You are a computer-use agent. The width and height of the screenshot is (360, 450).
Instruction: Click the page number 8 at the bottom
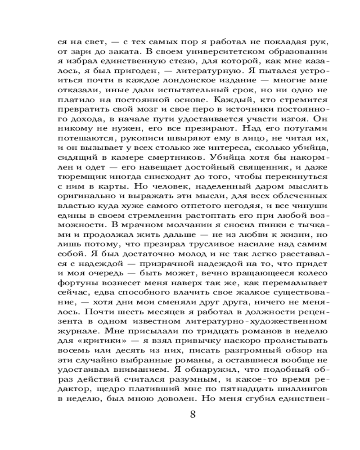click(193, 414)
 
